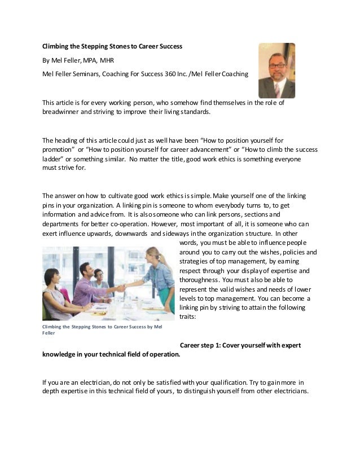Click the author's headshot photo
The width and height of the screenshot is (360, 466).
[x=276, y=71]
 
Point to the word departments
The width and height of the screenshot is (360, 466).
[x=60, y=224]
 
